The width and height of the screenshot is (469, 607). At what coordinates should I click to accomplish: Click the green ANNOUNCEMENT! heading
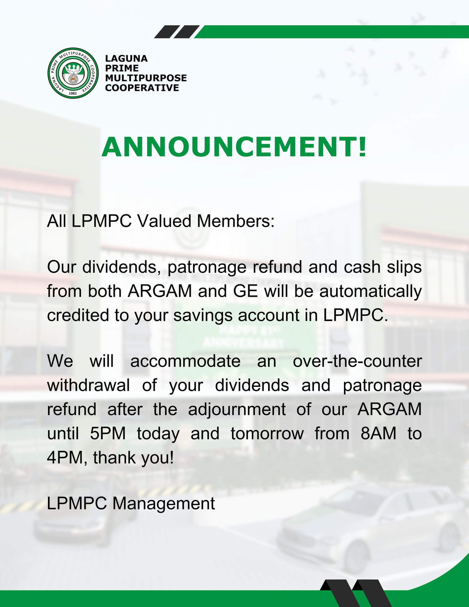tap(234, 147)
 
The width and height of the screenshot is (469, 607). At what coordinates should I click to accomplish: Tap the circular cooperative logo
tap(73, 73)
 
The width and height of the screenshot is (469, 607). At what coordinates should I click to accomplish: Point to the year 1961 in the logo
tap(73, 93)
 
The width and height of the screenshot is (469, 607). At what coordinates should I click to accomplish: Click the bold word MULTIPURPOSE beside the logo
tap(146, 78)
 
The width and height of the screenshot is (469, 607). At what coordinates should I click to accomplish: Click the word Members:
tap(236, 221)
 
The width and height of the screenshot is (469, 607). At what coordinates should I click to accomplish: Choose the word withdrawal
tap(89, 385)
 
